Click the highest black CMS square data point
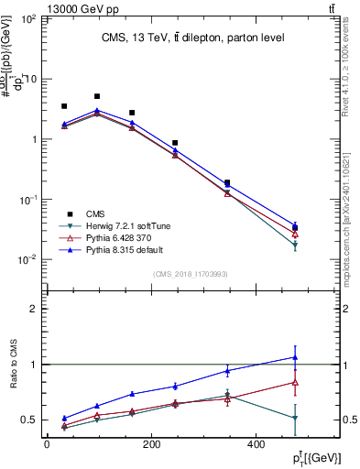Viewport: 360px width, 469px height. point(97,96)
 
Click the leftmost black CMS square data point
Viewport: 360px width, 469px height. point(64,106)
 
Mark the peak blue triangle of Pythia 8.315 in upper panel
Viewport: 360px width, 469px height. point(97,111)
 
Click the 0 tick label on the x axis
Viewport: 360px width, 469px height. point(47,443)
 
